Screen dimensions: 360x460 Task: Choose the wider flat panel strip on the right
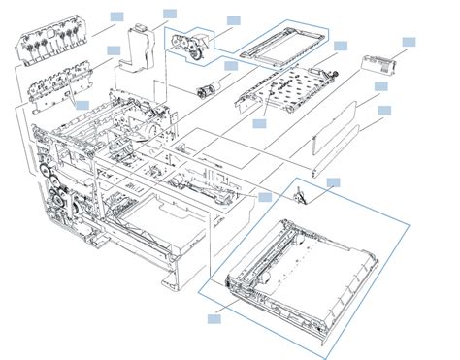345,121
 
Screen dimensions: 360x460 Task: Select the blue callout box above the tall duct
169,13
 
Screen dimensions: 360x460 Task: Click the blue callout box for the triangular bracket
333,181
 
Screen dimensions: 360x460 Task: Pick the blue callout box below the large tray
214,315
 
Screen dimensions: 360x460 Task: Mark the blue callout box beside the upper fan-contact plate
116,16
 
